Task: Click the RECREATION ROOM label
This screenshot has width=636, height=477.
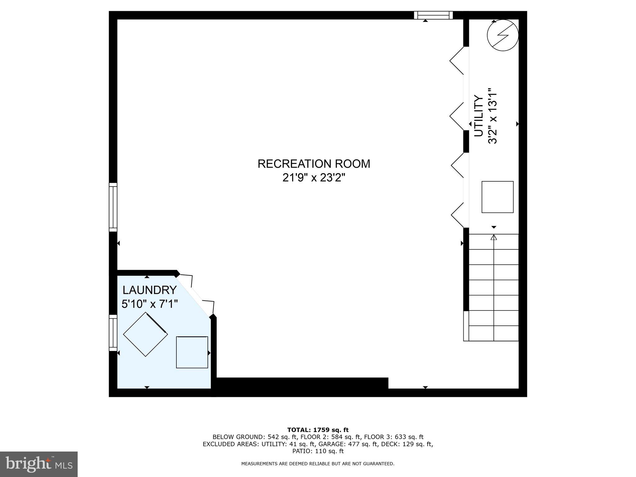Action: click(314, 164)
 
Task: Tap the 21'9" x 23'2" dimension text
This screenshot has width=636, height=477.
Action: click(314, 178)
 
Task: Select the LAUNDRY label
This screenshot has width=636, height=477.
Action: click(149, 290)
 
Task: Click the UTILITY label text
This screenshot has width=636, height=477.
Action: click(479, 116)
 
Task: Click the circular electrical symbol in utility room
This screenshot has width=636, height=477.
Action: click(502, 35)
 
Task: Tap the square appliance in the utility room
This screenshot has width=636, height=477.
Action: click(497, 197)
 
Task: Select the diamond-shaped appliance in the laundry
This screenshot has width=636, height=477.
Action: click(145, 334)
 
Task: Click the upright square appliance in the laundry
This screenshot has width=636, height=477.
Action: click(192, 352)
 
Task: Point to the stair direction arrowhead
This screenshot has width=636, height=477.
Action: click(494, 238)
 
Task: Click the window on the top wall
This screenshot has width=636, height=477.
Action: click(433, 15)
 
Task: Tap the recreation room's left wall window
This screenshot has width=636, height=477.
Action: click(113, 207)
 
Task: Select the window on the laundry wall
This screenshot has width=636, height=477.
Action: click(113, 333)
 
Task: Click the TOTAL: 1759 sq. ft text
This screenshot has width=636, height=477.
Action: click(318, 430)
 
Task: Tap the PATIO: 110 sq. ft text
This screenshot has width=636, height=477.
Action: click(318, 451)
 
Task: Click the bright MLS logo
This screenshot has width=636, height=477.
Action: click(39, 464)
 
